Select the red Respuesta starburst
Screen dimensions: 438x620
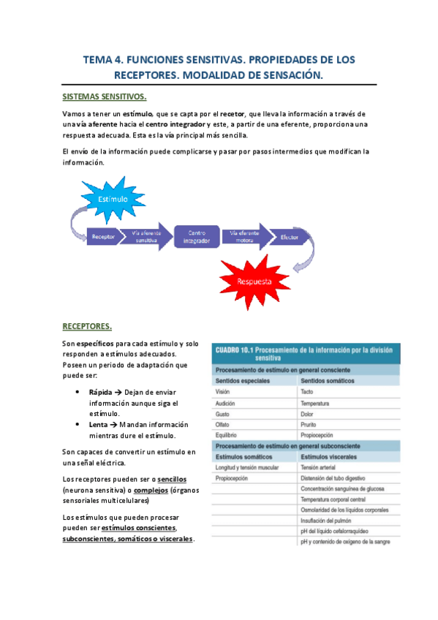click(254, 281)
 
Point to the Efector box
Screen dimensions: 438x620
click(289, 236)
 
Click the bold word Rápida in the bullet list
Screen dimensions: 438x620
click(100, 392)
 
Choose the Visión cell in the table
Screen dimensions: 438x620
click(222, 392)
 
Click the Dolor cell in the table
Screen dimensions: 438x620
click(307, 414)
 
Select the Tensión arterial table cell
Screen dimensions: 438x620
click(320, 467)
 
